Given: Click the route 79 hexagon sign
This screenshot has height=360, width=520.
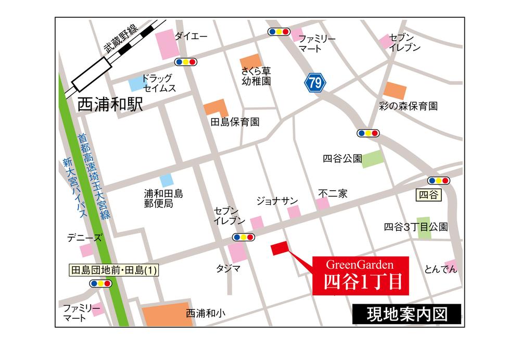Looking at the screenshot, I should [314, 82].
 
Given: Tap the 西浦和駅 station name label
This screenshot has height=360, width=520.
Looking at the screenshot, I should [110, 105].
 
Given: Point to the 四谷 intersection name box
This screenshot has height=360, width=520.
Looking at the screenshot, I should [428, 195].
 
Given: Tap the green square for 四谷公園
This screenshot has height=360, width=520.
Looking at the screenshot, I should [372, 159].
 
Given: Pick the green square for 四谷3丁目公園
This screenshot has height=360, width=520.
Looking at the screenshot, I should [424, 228].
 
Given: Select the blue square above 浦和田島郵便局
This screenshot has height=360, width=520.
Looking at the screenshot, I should [167, 180].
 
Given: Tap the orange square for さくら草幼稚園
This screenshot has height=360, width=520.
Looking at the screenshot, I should [250, 60].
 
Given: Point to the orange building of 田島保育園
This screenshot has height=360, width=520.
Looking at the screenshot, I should [215, 107].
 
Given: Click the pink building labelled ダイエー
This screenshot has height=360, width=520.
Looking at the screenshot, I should [167, 44].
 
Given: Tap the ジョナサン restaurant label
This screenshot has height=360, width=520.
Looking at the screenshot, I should [277, 200].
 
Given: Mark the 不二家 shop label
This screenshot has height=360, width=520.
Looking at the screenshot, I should [333, 193].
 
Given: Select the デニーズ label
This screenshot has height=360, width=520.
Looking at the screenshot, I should [84, 238].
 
